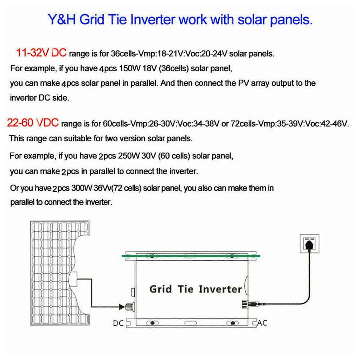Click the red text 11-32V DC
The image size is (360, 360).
(x=41, y=53)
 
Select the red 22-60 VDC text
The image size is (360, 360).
(x=33, y=123)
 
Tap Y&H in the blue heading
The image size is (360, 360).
(x=62, y=19)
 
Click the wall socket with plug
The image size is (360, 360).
(x=309, y=244)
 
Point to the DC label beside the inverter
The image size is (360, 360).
(x=118, y=323)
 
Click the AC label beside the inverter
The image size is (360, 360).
(x=262, y=323)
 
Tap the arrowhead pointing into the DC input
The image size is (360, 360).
(x=122, y=307)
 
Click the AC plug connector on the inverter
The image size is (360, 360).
(x=251, y=304)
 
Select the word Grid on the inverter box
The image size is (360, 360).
(x=160, y=289)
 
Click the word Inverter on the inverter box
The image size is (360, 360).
(x=220, y=289)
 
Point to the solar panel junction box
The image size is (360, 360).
(x=73, y=279)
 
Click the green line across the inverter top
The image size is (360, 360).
(x=191, y=256)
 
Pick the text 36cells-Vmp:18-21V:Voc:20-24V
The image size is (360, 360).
(x=169, y=54)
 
